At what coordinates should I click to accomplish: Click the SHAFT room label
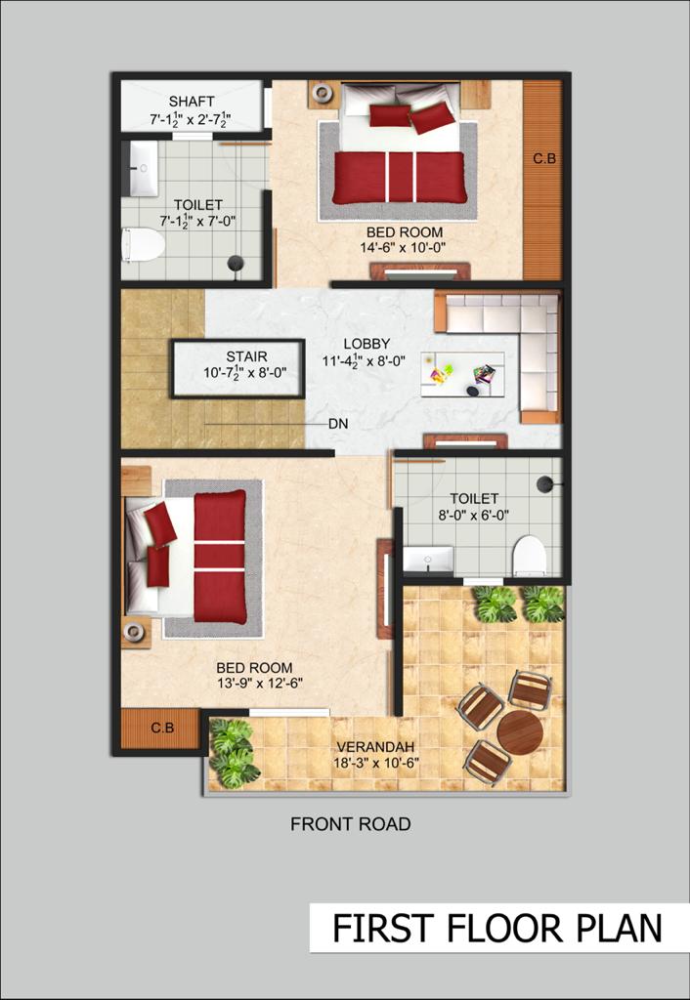click(192, 102)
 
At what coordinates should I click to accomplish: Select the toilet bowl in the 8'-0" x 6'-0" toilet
click(529, 556)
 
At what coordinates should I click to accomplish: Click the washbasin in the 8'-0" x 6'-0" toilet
click(428, 560)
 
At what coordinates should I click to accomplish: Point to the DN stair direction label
click(338, 424)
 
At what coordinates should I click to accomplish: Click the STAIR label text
click(246, 356)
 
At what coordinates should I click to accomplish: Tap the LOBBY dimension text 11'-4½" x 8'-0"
click(364, 361)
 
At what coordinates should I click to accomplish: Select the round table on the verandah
click(520, 732)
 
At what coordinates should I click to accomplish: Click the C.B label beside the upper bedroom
click(544, 159)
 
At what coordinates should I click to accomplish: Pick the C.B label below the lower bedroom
click(162, 728)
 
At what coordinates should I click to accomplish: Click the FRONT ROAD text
click(351, 824)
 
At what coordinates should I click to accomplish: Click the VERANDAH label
click(376, 746)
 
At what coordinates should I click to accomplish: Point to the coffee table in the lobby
click(462, 374)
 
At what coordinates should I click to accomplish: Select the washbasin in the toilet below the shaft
click(144, 168)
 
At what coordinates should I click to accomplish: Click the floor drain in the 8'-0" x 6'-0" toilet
click(544, 484)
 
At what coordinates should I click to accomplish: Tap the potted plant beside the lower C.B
click(233, 753)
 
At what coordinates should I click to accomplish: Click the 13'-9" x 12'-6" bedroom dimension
click(259, 683)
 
